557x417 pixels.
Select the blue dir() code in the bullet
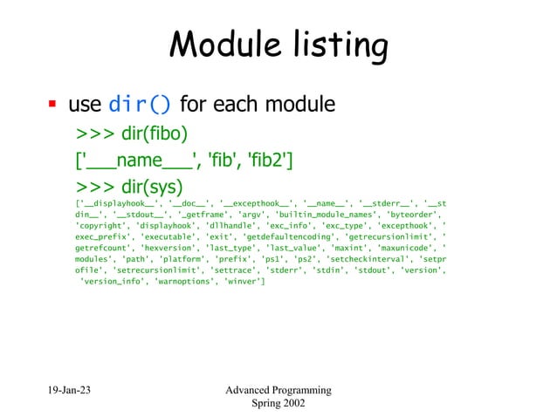click(140, 106)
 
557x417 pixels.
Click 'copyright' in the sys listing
click(103, 224)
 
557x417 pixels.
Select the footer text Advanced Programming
click(278, 390)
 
